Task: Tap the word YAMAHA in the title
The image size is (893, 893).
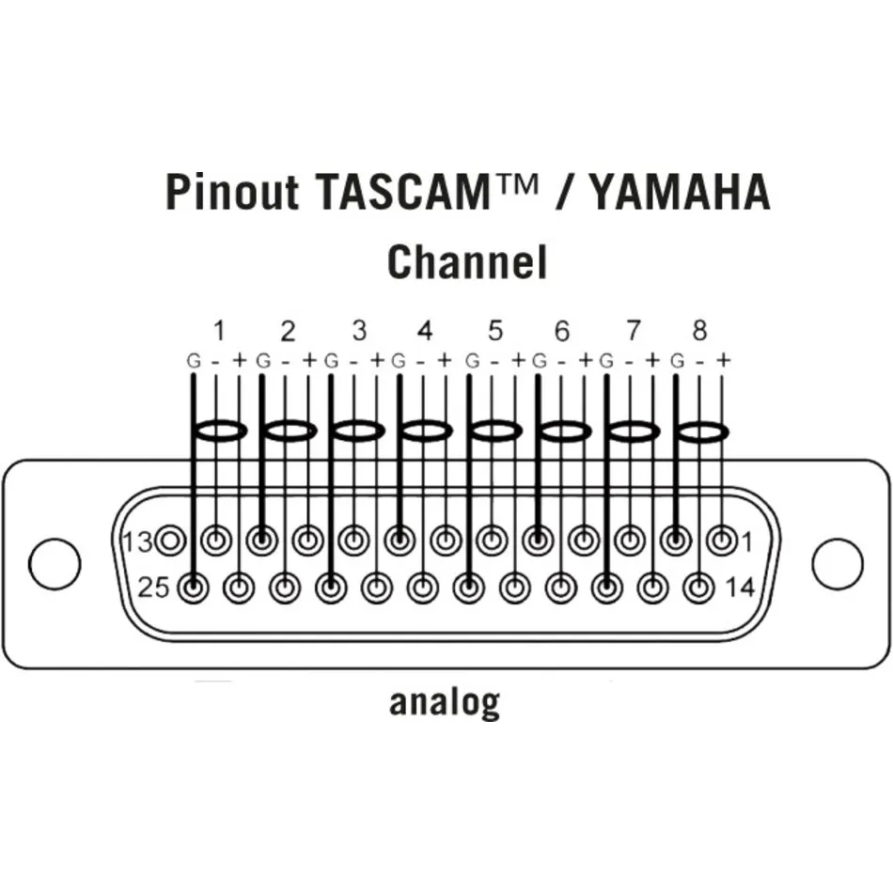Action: tap(677, 192)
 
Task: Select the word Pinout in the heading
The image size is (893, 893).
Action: tap(232, 192)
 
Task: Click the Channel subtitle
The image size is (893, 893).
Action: tap(467, 261)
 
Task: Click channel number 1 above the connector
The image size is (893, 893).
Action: tap(219, 331)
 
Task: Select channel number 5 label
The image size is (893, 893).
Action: tap(495, 331)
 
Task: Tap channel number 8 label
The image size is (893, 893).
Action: tap(699, 331)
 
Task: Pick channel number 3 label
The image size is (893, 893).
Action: tap(359, 331)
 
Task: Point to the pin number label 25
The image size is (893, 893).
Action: tap(153, 589)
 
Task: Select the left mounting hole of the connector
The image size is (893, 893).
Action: tap(55, 563)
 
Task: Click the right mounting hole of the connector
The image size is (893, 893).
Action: tap(837, 563)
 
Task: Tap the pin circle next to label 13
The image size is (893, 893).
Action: tap(170, 540)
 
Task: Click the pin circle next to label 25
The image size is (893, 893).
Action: tap(194, 588)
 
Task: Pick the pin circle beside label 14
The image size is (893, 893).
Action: tap(697, 588)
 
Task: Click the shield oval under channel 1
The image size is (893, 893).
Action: tap(219, 431)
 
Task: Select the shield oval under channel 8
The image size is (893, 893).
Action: tap(700, 431)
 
